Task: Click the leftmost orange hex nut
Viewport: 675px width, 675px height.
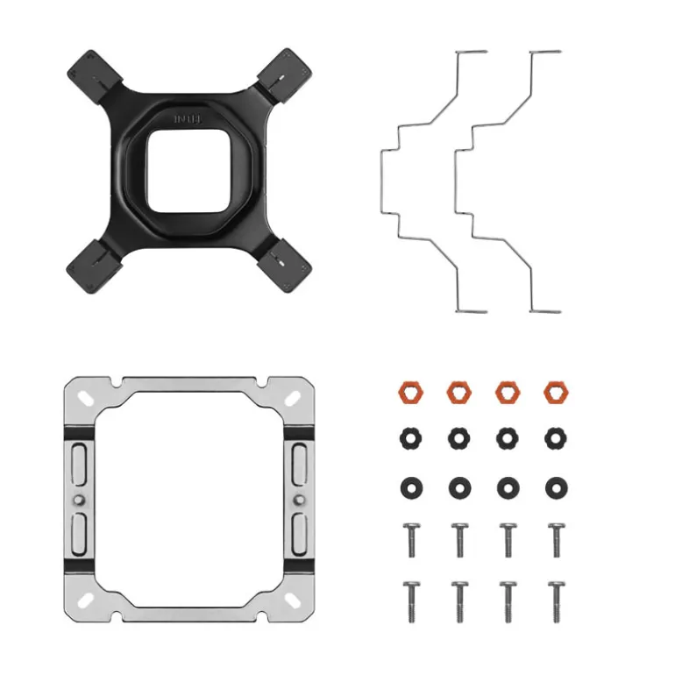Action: click(x=408, y=391)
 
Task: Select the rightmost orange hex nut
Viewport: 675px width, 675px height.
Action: click(x=553, y=391)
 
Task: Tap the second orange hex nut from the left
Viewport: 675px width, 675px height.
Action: click(x=458, y=391)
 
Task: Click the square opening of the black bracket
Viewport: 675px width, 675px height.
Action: click(x=184, y=170)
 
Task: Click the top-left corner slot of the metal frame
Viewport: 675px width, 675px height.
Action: click(x=86, y=395)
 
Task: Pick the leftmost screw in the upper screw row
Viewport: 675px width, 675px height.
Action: click(x=408, y=540)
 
